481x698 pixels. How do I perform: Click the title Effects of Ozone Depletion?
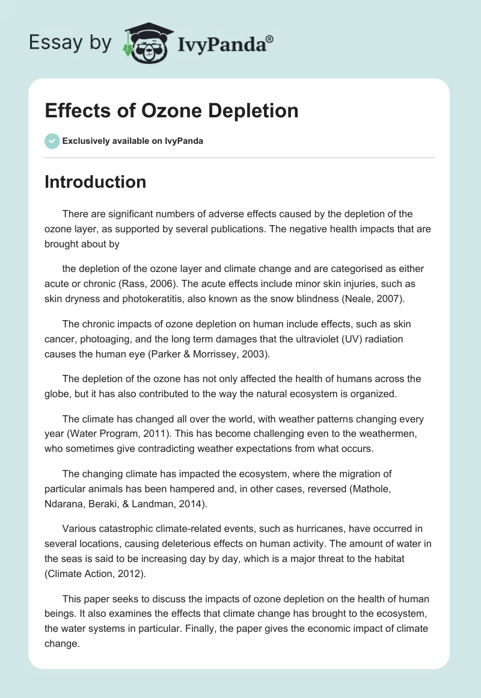pyautogui.click(x=171, y=111)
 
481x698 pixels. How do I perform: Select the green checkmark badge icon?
pyautogui.click(x=52, y=141)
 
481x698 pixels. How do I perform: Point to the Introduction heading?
pyautogui.click(x=95, y=182)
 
